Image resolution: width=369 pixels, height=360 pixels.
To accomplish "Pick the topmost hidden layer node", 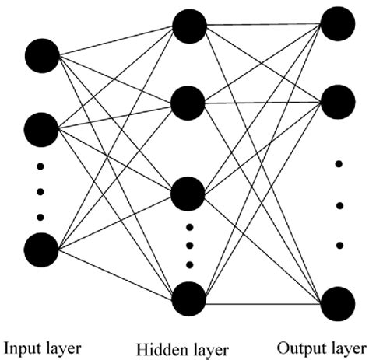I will [x=189, y=26].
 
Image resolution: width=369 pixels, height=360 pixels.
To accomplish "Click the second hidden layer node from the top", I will [x=189, y=102].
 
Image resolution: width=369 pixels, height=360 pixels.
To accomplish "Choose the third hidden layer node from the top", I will [x=189, y=192].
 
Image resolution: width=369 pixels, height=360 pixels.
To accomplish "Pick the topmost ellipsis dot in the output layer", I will [x=339, y=165].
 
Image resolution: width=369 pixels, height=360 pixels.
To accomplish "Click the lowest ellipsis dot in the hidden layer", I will [x=189, y=264].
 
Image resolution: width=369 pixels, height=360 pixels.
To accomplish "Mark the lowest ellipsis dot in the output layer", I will [x=339, y=246].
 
